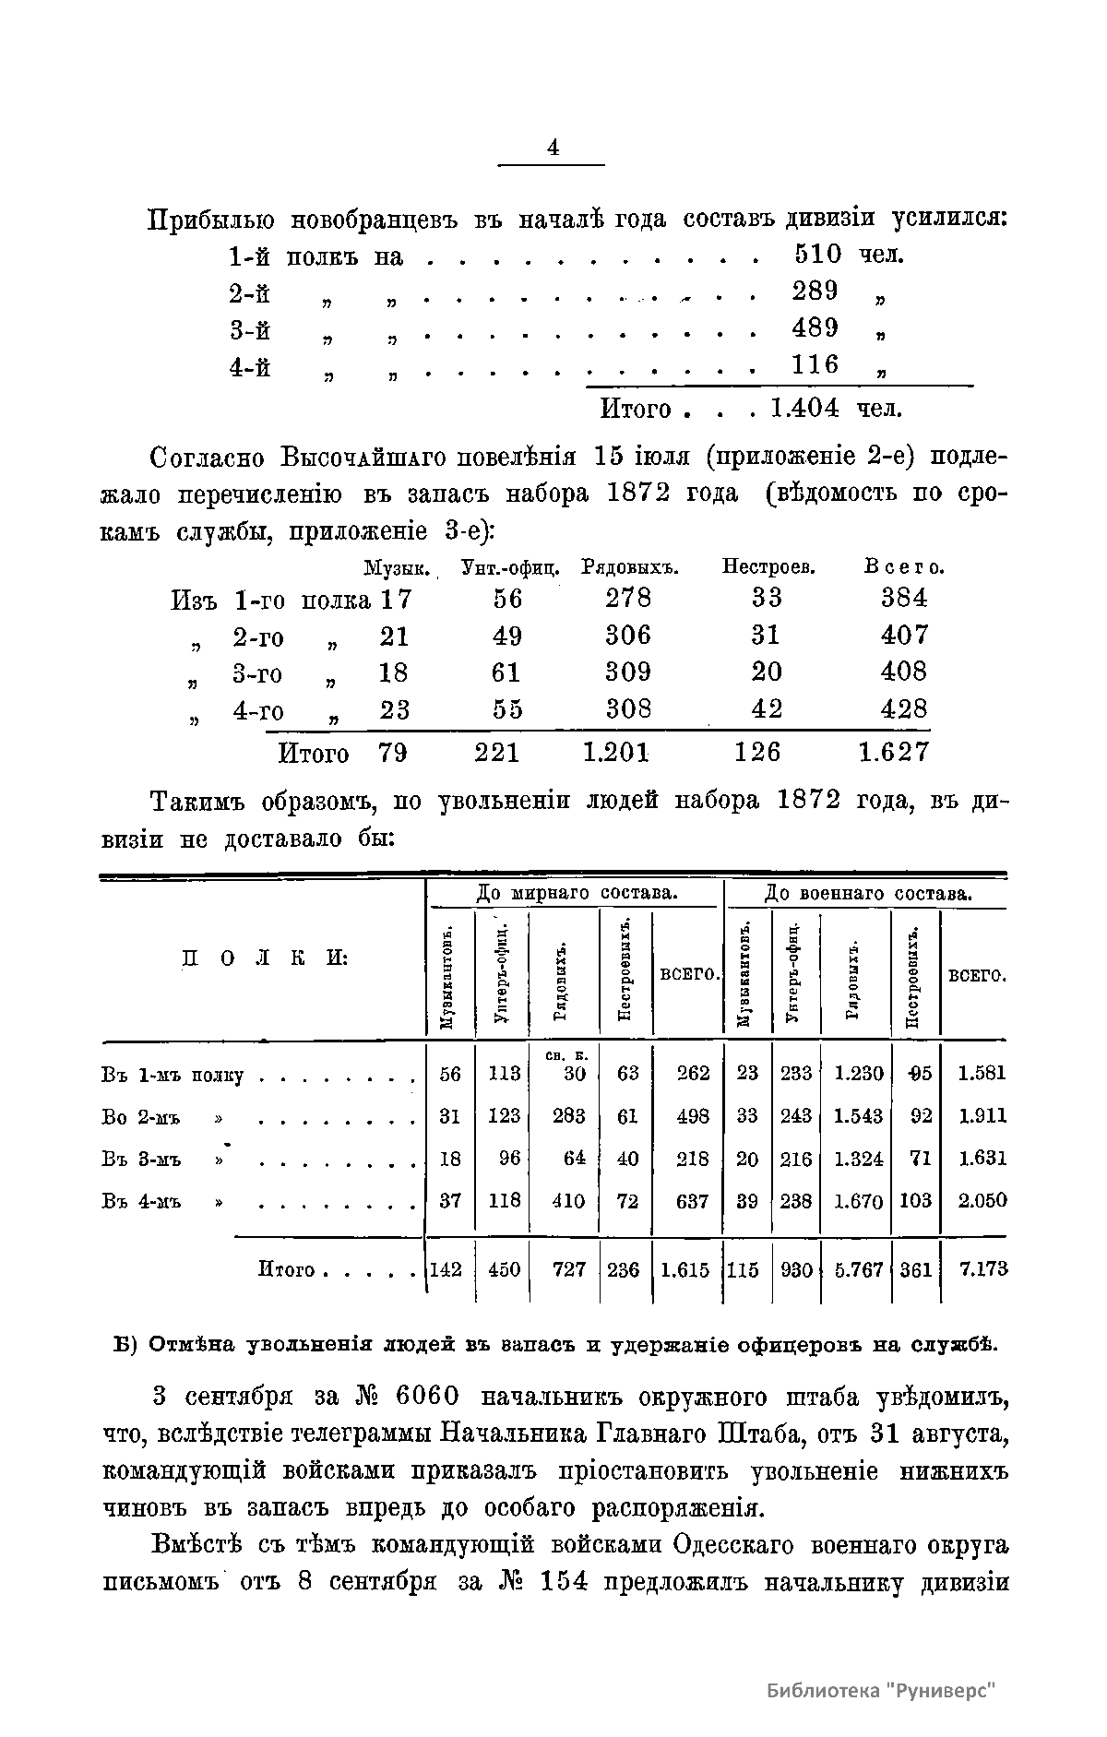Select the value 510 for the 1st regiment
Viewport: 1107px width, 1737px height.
click(x=816, y=255)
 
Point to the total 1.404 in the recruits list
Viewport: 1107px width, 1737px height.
click(x=804, y=408)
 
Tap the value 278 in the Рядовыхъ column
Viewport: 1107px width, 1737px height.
click(x=628, y=599)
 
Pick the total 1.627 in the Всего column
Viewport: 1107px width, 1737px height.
click(x=893, y=753)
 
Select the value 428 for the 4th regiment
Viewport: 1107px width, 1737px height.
click(x=904, y=710)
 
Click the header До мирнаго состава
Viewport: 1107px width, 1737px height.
click(x=577, y=893)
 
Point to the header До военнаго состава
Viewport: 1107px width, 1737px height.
click(x=867, y=893)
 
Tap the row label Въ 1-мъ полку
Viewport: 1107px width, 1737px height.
click(x=172, y=1076)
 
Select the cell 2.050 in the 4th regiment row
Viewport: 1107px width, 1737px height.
click(x=982, y=1201)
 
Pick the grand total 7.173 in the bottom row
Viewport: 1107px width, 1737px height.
click(x=983, y=1270)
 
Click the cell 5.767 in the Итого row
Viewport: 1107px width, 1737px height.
click(x=858, y=1270)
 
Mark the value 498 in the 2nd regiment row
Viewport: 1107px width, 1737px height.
click(x=693, y=1116)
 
